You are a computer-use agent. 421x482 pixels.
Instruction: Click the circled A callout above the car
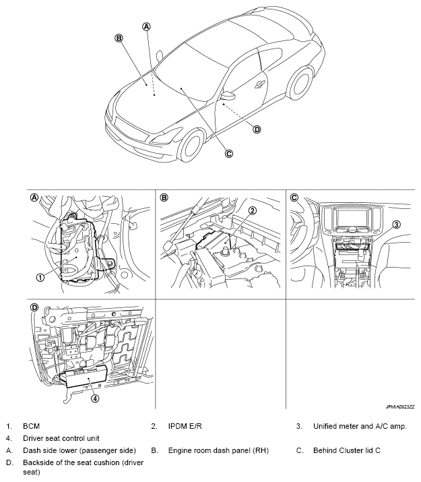pos(146,26)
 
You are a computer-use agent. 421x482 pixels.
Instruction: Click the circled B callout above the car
pos(119,38)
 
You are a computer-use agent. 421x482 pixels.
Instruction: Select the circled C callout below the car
pos(228,153)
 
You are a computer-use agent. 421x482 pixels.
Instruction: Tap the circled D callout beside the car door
pos(257,129)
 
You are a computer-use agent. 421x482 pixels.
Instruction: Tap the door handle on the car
pos(259,84)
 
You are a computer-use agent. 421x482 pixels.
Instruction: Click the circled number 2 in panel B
pos(252,210)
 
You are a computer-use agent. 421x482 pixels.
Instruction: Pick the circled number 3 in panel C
pos(397,224)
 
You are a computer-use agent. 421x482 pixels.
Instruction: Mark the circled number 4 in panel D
pos(94,398)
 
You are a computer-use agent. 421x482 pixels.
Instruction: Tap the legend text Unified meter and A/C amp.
pos(360,427)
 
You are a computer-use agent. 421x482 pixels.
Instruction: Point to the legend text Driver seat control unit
pos(65,438)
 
